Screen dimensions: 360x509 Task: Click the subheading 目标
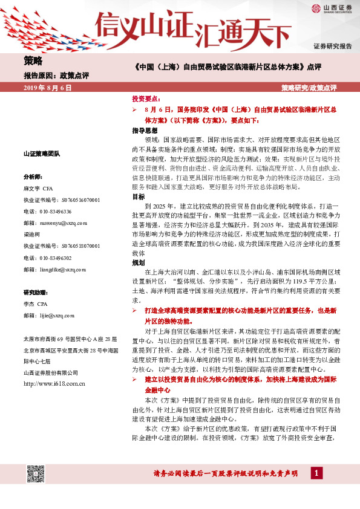coord(139,197)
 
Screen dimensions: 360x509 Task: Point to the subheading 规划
coord(139,264)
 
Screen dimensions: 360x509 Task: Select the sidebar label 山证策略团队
coord(42,154)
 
